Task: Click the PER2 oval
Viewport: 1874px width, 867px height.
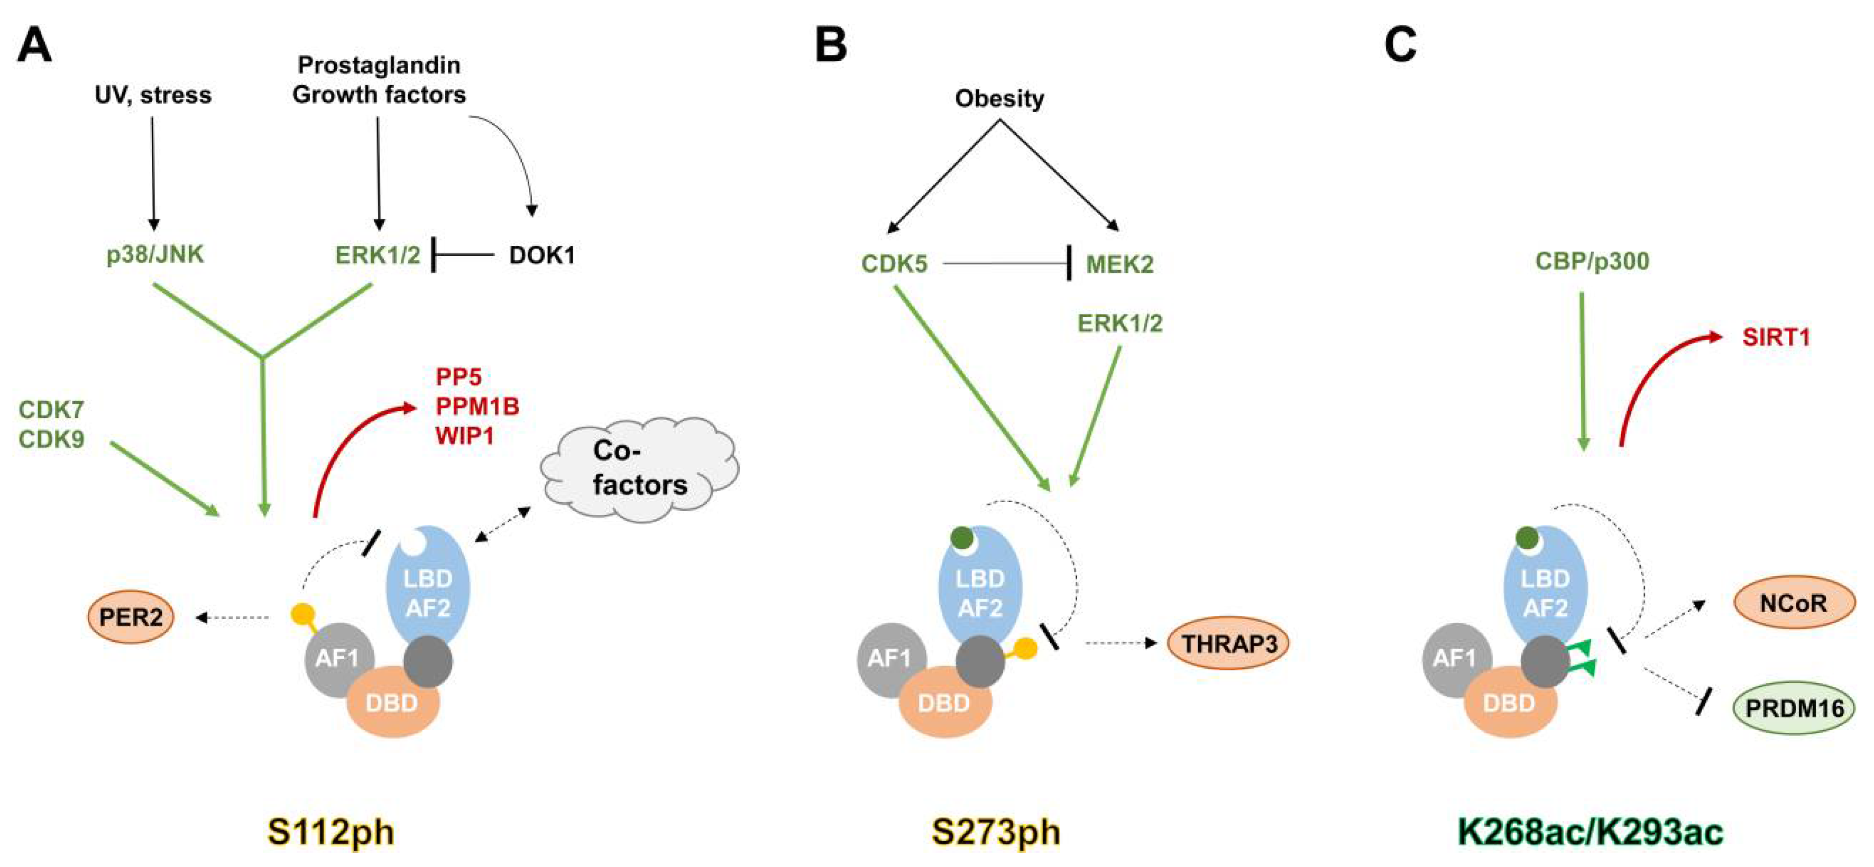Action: pyautogui.click(x=131, y=617)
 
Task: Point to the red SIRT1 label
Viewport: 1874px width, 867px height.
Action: pyautogui.click(x=1775, y=337)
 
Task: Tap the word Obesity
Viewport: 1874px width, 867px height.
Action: pyautogui.click(x=999, y=98)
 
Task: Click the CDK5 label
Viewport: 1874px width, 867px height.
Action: pyautogui.click(x=894, y=263)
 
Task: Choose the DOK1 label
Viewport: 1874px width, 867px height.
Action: pyautogui.click(x=542, y=255)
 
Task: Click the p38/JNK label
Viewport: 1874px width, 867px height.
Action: pyautogui.click(x=155, y=255)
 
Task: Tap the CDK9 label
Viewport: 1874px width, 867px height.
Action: pyautogui.click(x=51, y=439)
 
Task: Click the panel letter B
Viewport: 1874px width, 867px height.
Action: pyautogui.click(x=831, y=44)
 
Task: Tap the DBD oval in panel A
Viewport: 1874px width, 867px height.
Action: pyautogui.click(x=392, y=702)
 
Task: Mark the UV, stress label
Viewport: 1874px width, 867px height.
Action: pyautogui.click(x=153, y=95)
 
